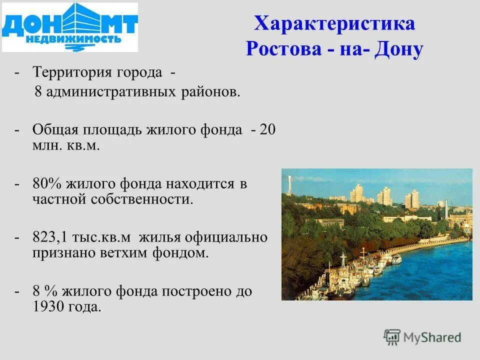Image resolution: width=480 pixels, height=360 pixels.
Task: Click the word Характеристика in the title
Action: tap(334, 24)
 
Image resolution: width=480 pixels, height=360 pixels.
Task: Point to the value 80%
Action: tap(46, 183)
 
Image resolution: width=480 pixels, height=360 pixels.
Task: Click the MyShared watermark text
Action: tap(432, 337)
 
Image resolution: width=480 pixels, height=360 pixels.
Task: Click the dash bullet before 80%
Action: tap(17, 183)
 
